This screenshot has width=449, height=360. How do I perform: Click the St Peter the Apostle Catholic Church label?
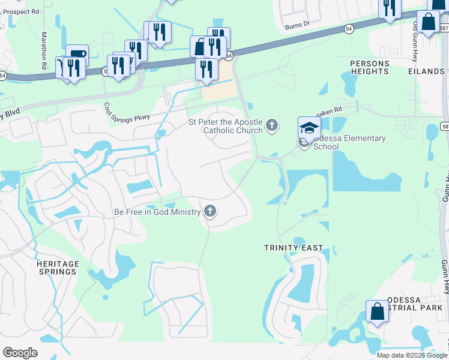coord(226,126)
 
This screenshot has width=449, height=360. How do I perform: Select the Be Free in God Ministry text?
coord(157,212)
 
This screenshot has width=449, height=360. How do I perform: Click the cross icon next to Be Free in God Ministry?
coord(209,211)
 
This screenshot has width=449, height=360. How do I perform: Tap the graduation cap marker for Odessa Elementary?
coord(309,127)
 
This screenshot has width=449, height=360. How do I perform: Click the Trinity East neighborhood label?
coord(294,247)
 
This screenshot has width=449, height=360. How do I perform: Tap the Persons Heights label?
coord(369,67)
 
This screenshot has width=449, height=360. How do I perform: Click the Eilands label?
coord(426,71)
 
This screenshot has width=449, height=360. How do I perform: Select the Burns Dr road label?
coord(297,24)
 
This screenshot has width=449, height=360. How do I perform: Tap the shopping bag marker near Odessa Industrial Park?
coord(378,312)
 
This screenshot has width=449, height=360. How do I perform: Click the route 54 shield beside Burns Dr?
coord(349,29)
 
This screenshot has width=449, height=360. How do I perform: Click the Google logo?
coord(20,353)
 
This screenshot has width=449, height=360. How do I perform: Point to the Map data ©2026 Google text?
coord(412,355)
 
